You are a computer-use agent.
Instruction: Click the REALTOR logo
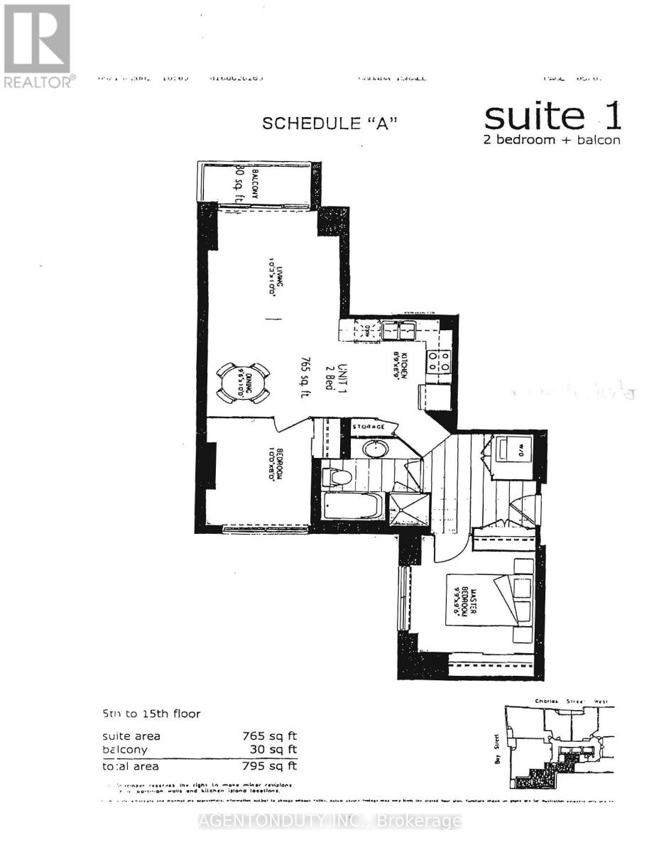(x=37, y=46)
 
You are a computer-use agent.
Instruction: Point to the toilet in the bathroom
(x=337, y=475)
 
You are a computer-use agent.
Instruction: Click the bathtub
(x=352, y=507)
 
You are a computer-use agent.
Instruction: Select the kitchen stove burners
(x=439, y=361)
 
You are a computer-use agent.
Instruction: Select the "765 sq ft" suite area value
(x=270, y=736)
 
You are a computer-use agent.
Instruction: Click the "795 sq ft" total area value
(x=270, y=766)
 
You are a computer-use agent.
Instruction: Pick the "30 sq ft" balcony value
(x=273, y=749)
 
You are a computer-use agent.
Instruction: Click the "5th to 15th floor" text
(x=150, y=714)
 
